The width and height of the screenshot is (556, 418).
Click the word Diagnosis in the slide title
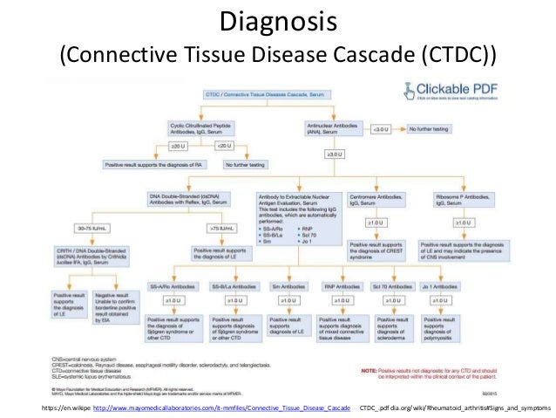(277, 19)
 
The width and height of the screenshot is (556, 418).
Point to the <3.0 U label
(381, 129)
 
